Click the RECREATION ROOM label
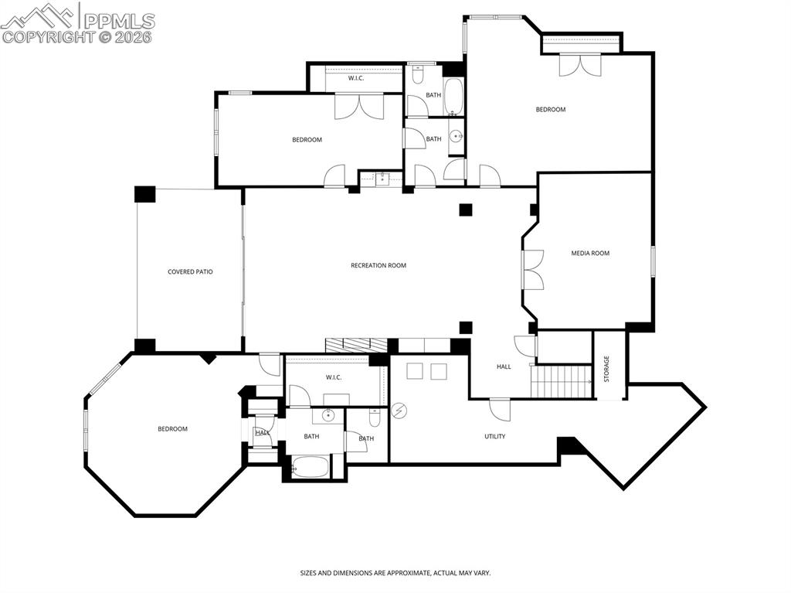tap(378, 266)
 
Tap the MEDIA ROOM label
tap(590, 254)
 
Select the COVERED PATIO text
tap(190, 272)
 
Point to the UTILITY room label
tap(494, 437)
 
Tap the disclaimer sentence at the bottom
tap(395, 573)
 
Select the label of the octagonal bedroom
tap(172, 429)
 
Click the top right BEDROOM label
tap(551, 110)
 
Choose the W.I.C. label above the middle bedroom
tap(356, 78)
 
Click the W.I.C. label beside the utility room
tap(334, 377)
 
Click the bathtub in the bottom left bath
tap(311, 468)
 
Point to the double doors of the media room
tap(533, 270)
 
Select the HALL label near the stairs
tap(504, 367)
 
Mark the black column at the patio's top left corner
tap(144, 193)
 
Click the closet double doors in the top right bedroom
tap(580, 65)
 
